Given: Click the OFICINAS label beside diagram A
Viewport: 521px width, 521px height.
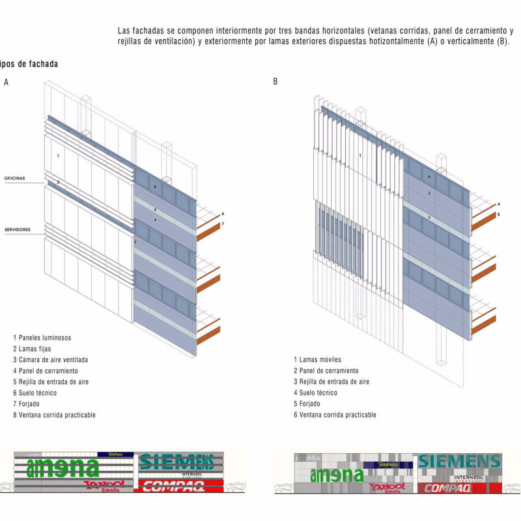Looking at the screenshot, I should click(x=16, y=177).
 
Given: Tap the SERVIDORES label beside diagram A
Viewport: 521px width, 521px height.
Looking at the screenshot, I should click(x=18, y=229).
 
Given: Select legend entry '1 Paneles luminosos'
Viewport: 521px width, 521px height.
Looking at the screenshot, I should click(x=42, y=337).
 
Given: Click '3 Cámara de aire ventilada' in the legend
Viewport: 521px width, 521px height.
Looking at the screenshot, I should click(x=50, y=359).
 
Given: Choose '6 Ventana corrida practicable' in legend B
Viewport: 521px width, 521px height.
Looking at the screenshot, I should click(x=334, y=415).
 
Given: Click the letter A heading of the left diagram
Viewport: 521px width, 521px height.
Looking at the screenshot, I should click(x=6, y=82).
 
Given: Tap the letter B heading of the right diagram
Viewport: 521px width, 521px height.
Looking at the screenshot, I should click(x=275, y=82).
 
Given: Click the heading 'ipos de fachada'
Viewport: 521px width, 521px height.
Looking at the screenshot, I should click(x=29, y=64).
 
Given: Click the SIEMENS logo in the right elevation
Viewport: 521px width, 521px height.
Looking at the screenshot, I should click(x=459, y=462).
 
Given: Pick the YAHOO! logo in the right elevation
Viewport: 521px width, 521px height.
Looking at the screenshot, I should click(x=386, y=487).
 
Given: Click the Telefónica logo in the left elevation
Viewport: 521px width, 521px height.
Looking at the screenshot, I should click(x=115, y=454).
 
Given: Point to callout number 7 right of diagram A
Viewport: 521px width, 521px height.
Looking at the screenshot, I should click(x=222, y=224).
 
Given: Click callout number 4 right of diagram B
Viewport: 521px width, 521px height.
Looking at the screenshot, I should click(x=498, y=204).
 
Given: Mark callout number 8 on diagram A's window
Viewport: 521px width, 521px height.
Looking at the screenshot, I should click(x=155, y=187).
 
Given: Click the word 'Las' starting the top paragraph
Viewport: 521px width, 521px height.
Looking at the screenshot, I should click(x=125, y=30).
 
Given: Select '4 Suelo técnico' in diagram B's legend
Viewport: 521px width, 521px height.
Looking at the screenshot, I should click(x=318, y=393).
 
